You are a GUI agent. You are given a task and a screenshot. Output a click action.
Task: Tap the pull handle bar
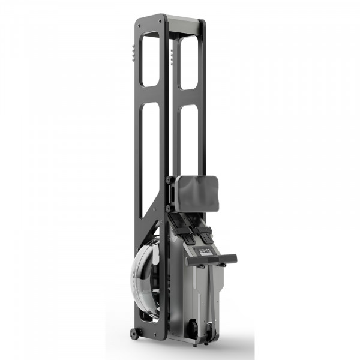[x=211, y=260]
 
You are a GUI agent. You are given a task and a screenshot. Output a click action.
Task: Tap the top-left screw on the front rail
[x=140, y=26]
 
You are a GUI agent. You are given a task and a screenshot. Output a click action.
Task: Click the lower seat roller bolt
[x=169, y=208]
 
